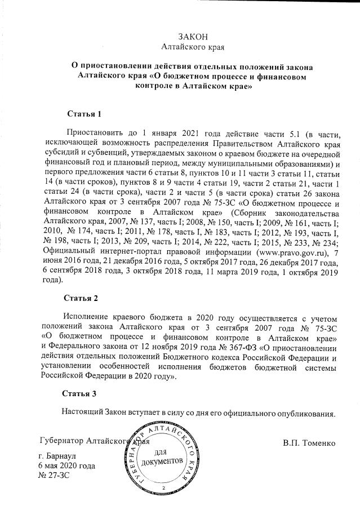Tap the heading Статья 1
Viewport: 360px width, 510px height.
point(84,114)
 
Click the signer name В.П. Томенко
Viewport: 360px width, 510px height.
point(309,442)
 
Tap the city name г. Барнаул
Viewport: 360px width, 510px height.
point(58,455)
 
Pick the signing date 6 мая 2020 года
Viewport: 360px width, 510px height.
point(66,465)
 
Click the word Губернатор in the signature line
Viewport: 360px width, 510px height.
point(63,441)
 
